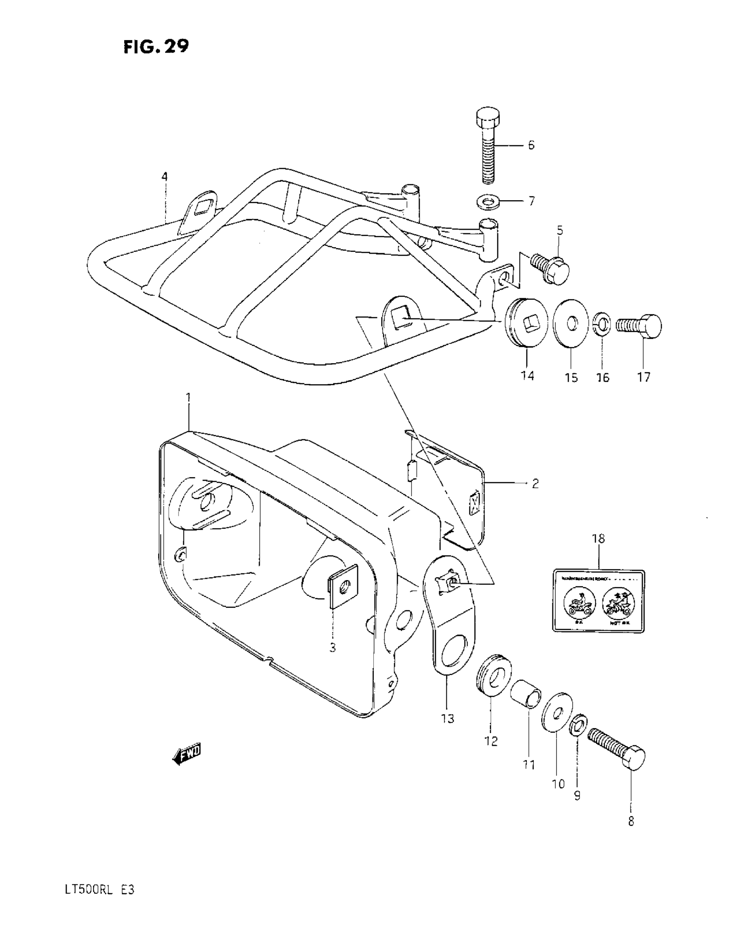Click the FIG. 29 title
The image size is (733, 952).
coord(156,46)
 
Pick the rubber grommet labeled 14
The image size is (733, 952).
coord(523,323)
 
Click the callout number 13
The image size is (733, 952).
coord(447,718)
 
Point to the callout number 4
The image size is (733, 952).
coord(164,176)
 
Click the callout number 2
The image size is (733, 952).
coord(535,483)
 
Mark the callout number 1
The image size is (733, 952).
coord(188,398)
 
